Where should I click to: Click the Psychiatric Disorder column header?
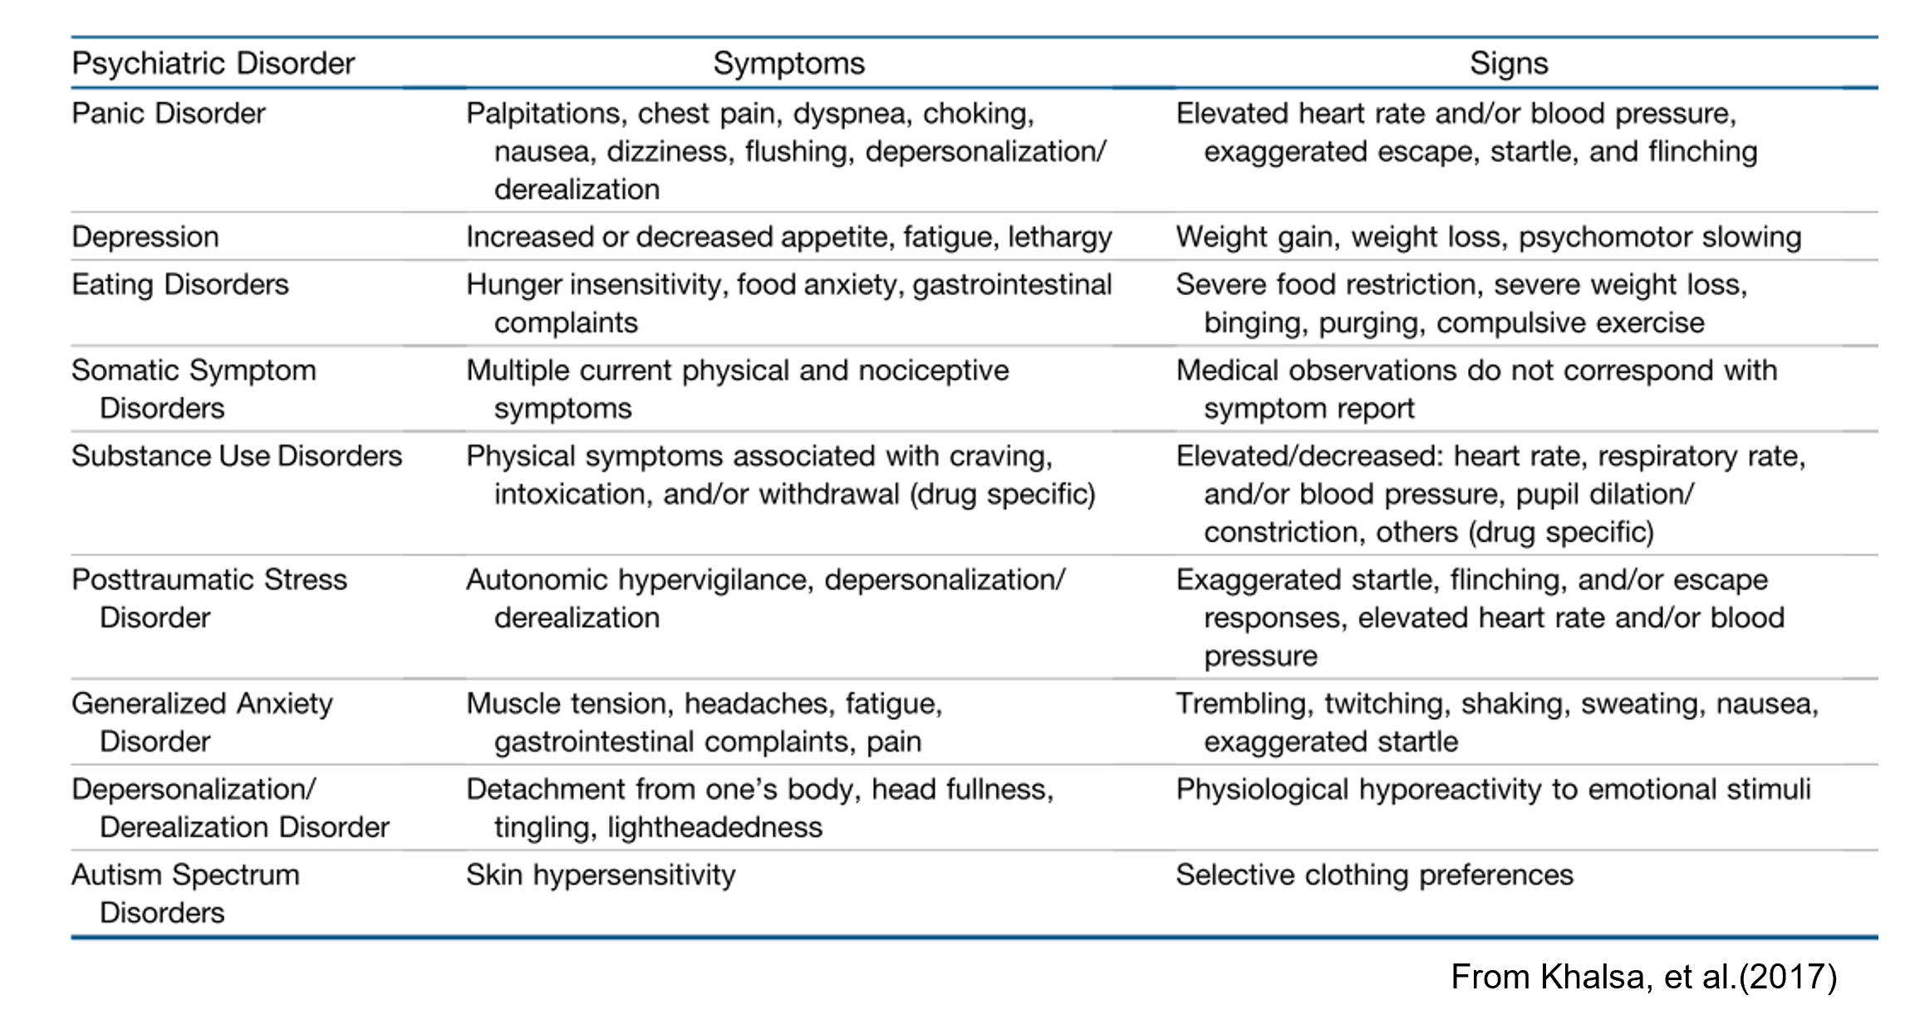(x=213, y=63)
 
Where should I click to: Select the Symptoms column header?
(x=788, y=63)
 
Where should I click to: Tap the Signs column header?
(x=1508, y=63)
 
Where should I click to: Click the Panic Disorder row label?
(x=168, y=113)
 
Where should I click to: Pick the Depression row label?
(x=145, y=237)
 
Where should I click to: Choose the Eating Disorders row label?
(x=179, y=284)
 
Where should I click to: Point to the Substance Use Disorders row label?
(x=236, y=456)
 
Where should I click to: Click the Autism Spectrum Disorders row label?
(x=184, y=893)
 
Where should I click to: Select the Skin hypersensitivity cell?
(x=600, y=875)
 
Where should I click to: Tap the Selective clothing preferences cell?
(x=1374, y=875)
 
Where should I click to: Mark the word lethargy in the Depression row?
(x=1059, y=237)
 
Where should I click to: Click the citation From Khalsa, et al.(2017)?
(x=1643, y=977)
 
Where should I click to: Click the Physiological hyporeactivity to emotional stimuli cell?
(x=1492, y=789)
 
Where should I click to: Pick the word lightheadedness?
(x=714, y=827)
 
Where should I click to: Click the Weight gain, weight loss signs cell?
(x=1487, y=237)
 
